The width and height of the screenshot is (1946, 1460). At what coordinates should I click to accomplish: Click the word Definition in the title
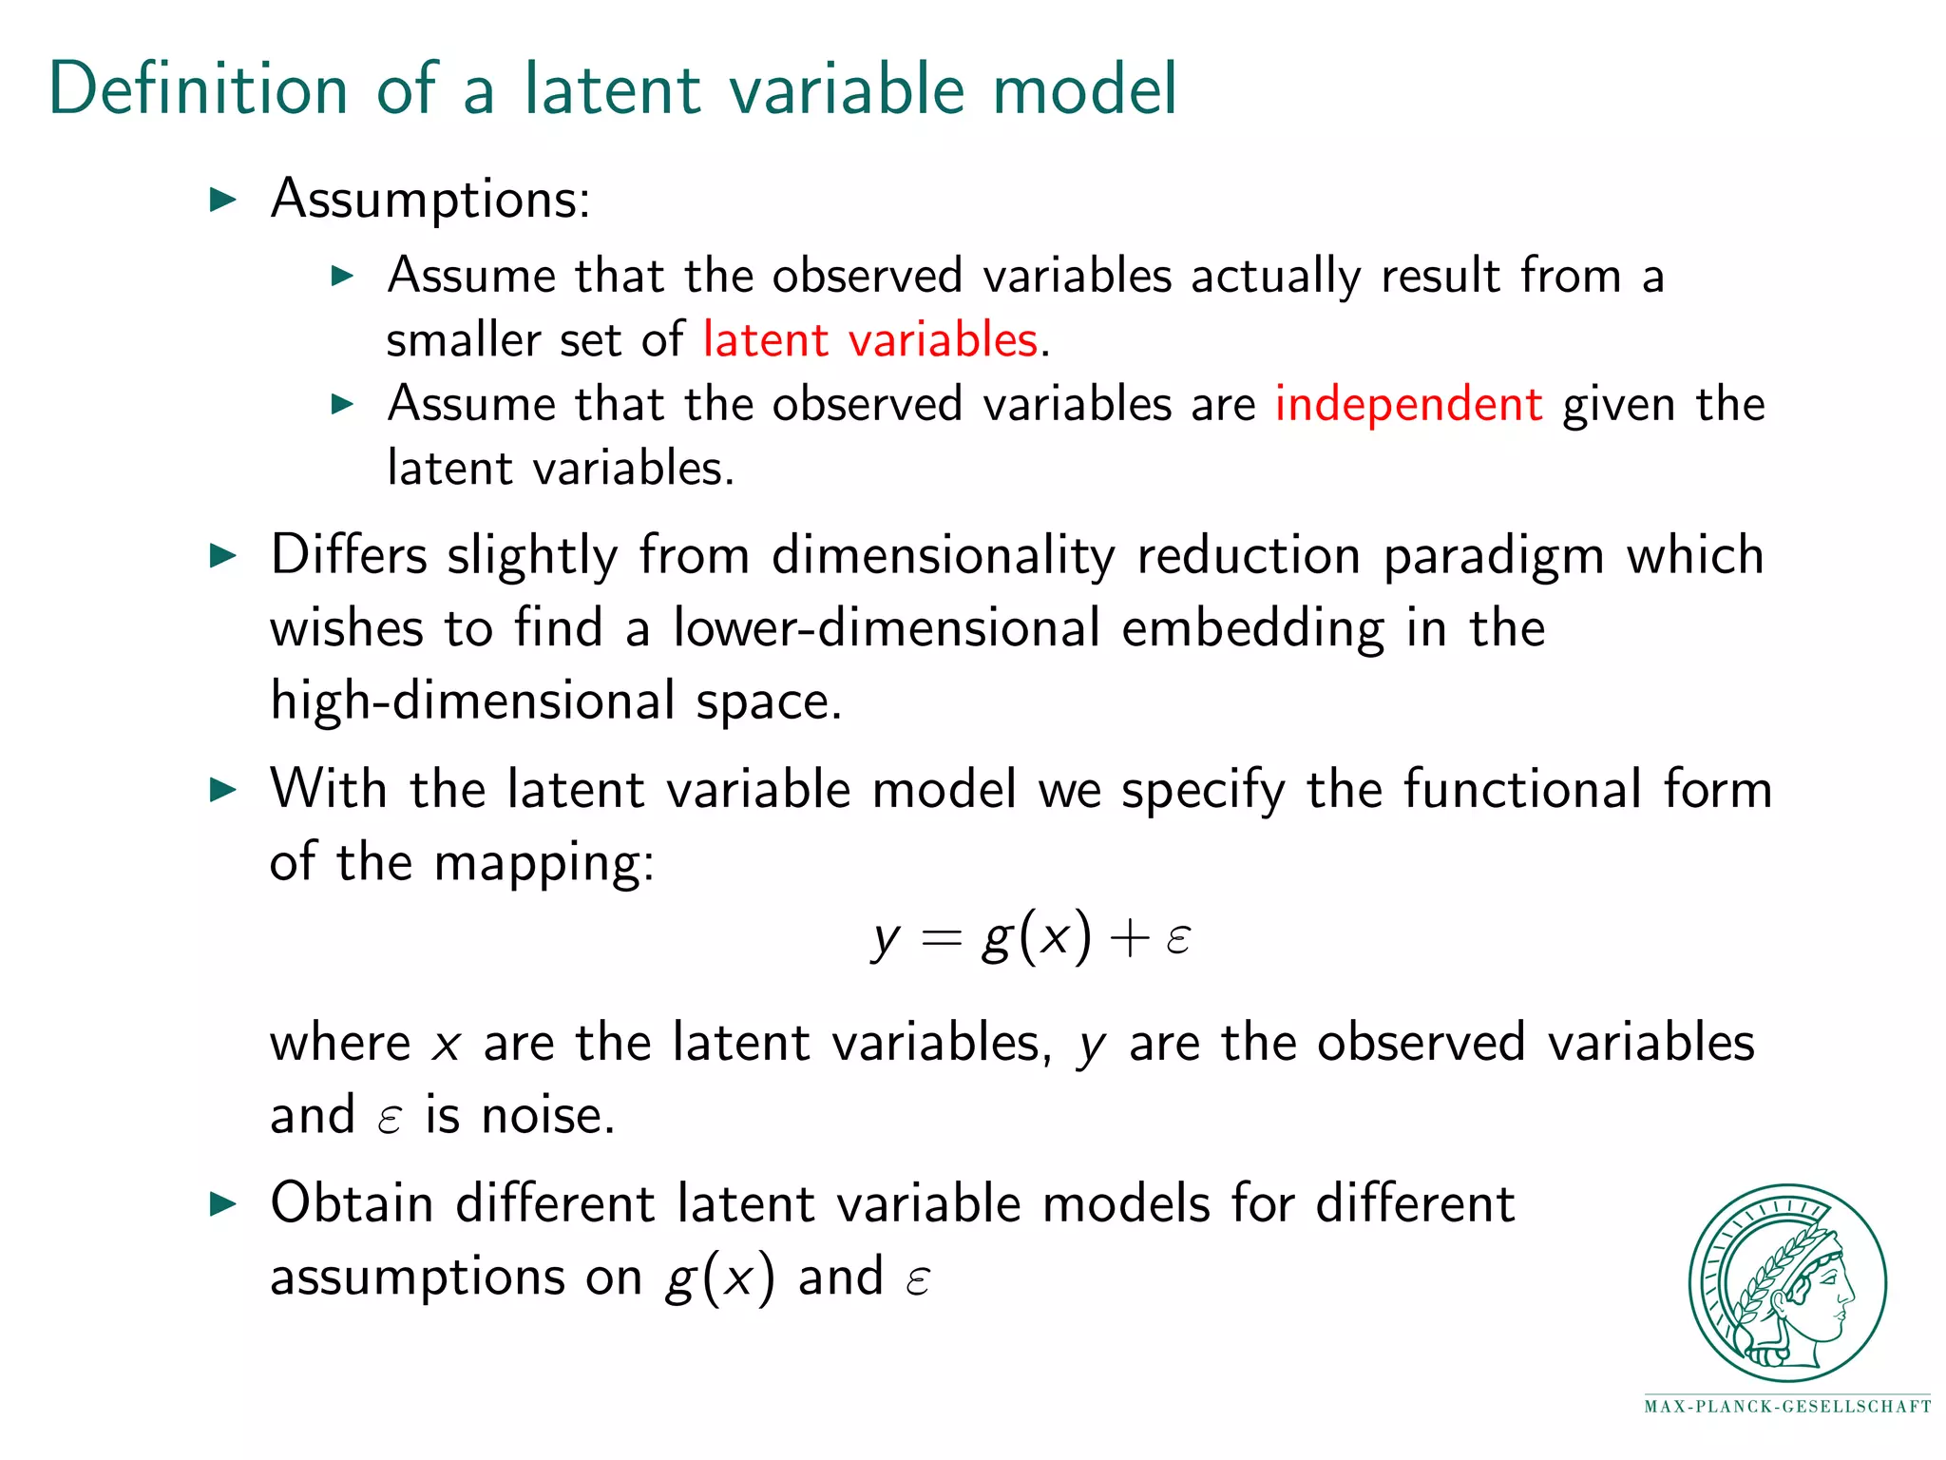tap(198, 89)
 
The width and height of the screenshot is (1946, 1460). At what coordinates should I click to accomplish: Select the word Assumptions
tap(429, 200)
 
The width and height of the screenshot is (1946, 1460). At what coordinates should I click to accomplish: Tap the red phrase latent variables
tap(869, 340)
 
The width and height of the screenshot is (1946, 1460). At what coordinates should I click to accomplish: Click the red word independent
tap(1408, 405)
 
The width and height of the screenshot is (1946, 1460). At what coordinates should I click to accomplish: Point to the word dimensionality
tap(943, 556)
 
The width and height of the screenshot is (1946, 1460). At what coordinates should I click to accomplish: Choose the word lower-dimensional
tap(886, 629)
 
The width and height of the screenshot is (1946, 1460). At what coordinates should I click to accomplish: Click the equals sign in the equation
tap(941, 939)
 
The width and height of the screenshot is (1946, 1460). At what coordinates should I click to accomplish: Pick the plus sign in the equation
tap(1129, 939)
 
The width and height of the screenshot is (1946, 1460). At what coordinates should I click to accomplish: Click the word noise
tap(548, 1116)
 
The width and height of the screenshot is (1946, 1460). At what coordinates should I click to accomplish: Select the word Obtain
tap(353, 1204)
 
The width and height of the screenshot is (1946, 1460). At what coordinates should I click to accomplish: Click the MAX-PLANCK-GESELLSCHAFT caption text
tap(1787, 1407)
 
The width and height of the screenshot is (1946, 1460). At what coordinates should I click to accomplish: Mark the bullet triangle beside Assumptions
tap(222, 200)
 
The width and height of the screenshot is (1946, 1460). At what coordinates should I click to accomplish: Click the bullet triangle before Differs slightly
tap(222, 556)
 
